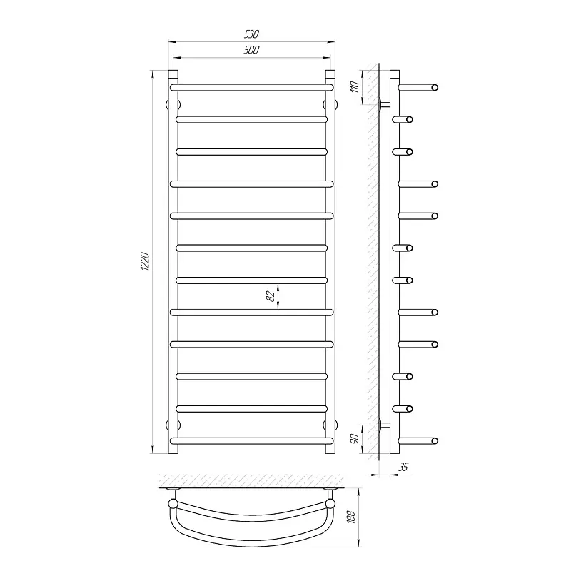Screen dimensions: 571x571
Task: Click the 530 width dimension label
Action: pyautogui.click(x=251, y=34)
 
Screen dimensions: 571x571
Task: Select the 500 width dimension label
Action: pyautogui.click(x=251, y=49)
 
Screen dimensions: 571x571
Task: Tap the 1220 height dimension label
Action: pyautogui.click(x=145, y=261)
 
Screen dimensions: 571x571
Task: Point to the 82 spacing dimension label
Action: pyautogui.click(x=271, y=296)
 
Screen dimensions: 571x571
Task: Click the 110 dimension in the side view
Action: pyautogui.click(x=355, y=87)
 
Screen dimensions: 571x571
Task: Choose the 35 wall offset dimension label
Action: pyautogui.click(x=403, y=467)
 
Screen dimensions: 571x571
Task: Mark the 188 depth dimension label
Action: pyautogui.click(x=350, y=517)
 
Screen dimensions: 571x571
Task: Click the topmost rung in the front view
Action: pyautogui.click(x=251, y=87)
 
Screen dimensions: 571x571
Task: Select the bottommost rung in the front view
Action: pyautogui.click(x=251, y=441)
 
